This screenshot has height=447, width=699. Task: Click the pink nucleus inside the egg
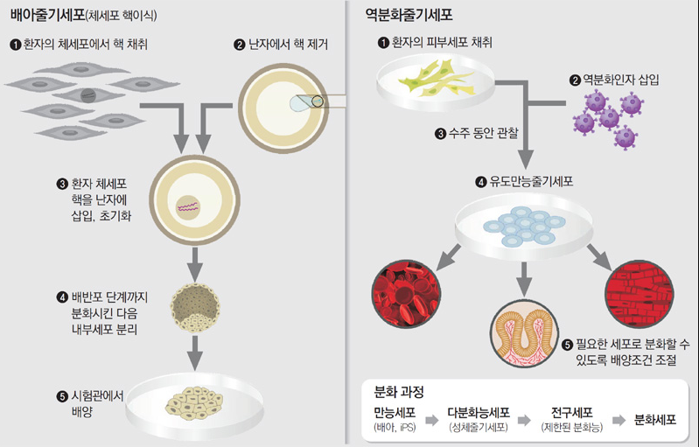(189, 207)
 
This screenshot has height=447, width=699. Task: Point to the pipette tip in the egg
(317, 101)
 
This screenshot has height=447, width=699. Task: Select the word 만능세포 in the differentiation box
(395, 412)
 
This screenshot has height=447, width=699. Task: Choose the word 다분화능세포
(479, 412)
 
